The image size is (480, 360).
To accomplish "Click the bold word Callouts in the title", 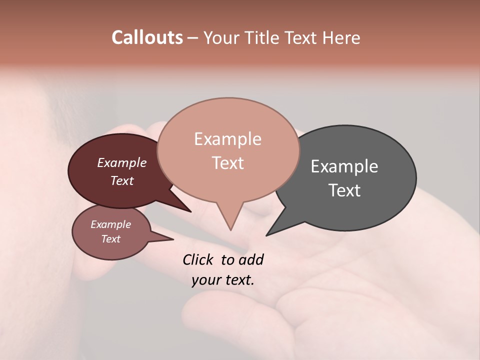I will [x=147, y=37].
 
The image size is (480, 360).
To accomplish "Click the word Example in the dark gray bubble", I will [x=344, y=166].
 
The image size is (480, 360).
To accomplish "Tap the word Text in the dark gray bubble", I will [x=344, y=190].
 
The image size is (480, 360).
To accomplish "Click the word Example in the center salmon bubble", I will [x=227, y=139].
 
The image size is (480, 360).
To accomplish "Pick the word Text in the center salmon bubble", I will [x=227, y=163].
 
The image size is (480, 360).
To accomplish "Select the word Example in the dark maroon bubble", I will [x=122, y=163].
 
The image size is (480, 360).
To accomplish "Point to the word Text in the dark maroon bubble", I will [x=122, y=180].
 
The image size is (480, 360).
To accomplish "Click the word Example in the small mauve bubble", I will [x=110, y=224].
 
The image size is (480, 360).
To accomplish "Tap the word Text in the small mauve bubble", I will [x=110, y=239].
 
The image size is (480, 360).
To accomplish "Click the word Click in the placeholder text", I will [x=198, y=259].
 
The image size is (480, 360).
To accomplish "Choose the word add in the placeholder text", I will [x=251, y=259].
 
